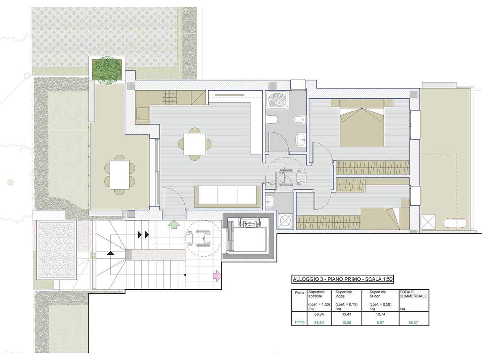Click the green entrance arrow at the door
point(174,225)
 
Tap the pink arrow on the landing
point(217,276)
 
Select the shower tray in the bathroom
point(277,100)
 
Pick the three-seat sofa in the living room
point(227,196)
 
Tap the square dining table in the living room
point(195,144)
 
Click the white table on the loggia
point(120,175)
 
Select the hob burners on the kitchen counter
point(170,98)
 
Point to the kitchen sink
point(142,113)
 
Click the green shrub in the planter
point(107,70)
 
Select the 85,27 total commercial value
point(413,323)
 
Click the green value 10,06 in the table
point(346,323)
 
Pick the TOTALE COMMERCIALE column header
point(413,294)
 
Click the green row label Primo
point(300,322)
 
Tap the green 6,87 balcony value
point(380,323)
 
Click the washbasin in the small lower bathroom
point(269,201)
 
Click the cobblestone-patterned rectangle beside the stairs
point(57,250)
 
